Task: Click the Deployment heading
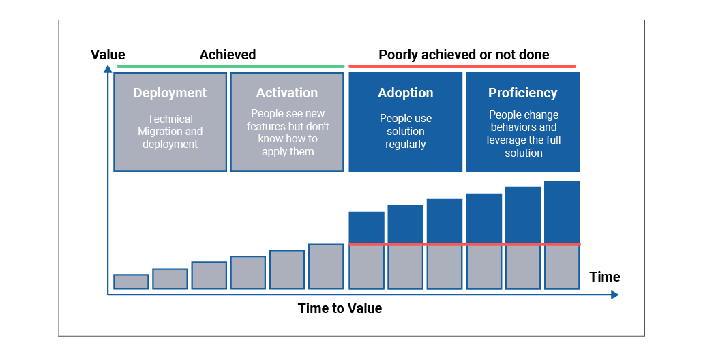pyautogui.click(x=170, y=93)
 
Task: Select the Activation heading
pyautogui.click(x=287, y=93)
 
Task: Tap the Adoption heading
pyautogui.click(x=406, y=93)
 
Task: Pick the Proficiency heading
pyautogui.click(x=523, y=93)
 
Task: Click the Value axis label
pyautogui.click(x=108, y=55)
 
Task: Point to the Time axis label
pyautogui.click(x=605, y=277)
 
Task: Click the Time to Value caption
pyautogui.click(x=340, y=308)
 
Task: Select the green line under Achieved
pyautogui.click(x=230, y=67)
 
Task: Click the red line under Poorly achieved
pyautogui.click(x=462, y=67)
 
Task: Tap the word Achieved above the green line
pyautogui.click(x=227, y=55)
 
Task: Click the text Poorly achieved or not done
pyautogui.click(x=464, y=55)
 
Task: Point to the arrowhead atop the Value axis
pyautogui.click(x=108, y=69)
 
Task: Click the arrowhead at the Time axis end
pyautogui.click(x=614, y=295)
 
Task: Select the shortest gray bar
pyautogui.click(x=131, y=282)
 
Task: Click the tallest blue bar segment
pyautogui.click(x=562, y=212)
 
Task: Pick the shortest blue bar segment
pyautogui.click(x=367, y=228)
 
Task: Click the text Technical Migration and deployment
pyautogui.click(x=170, y=132)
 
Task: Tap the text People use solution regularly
pyautogui.click(x=406, y=131)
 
